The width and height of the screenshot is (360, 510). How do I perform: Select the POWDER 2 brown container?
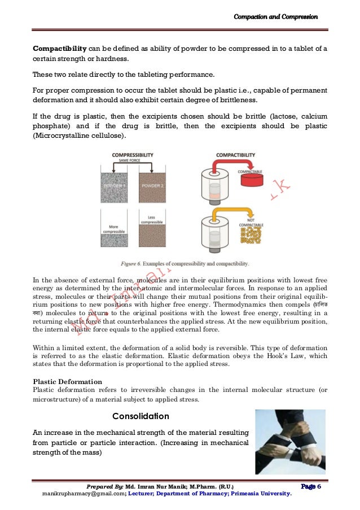pyautogui.click(x=152, y=187)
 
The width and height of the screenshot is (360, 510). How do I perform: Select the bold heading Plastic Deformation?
pyautogui.click(x=67, y=381)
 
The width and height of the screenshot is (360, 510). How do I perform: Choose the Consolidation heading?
pyautogui.click(x=141, y=417)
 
